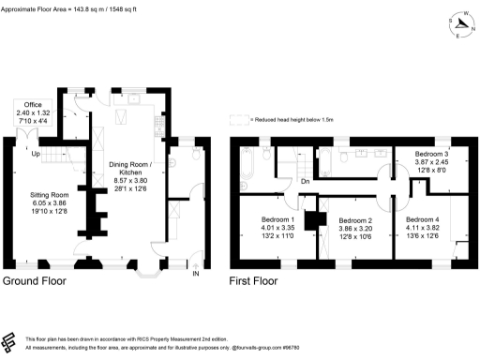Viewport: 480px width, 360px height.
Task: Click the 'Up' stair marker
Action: [x=35, y=153]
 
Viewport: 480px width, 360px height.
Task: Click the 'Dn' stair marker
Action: [x=306, y=181]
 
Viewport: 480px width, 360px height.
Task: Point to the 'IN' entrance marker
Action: [x=196, y=275]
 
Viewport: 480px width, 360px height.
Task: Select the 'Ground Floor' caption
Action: [x=39, y=280]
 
